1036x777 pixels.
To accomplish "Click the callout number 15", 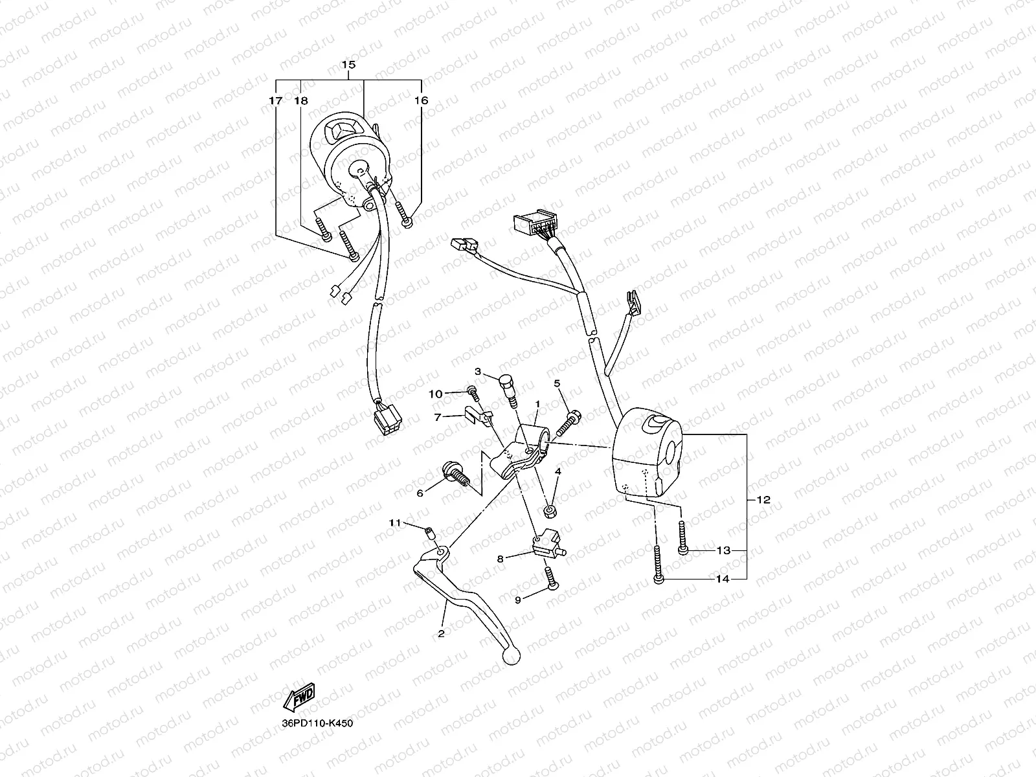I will coord(348,65).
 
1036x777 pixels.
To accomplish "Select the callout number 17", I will coord(276,101).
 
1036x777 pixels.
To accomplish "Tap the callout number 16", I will coord(422,101).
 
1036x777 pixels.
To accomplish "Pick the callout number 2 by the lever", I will coord(441,633).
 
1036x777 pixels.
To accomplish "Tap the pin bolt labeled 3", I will coord(509,388).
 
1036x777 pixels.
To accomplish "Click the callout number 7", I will coord(438,418).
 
